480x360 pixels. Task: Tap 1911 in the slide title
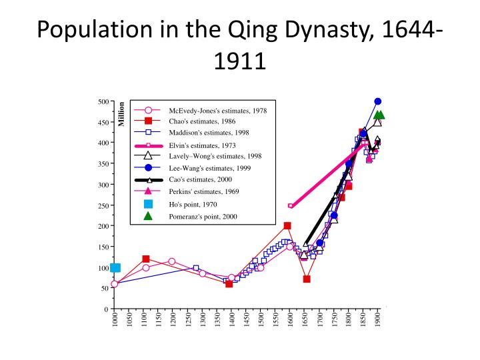(240, 61)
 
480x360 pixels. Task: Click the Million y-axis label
(122, 114)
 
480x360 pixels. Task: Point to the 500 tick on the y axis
(103, 101)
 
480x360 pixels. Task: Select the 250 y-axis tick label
(103, 205)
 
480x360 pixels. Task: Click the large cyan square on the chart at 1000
(115, 268)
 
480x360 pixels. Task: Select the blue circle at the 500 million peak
(378, 101)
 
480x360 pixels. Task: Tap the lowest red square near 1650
(307, 279)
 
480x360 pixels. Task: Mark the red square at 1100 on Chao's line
(146, 259)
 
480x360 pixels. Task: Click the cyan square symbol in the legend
(148, 204)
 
